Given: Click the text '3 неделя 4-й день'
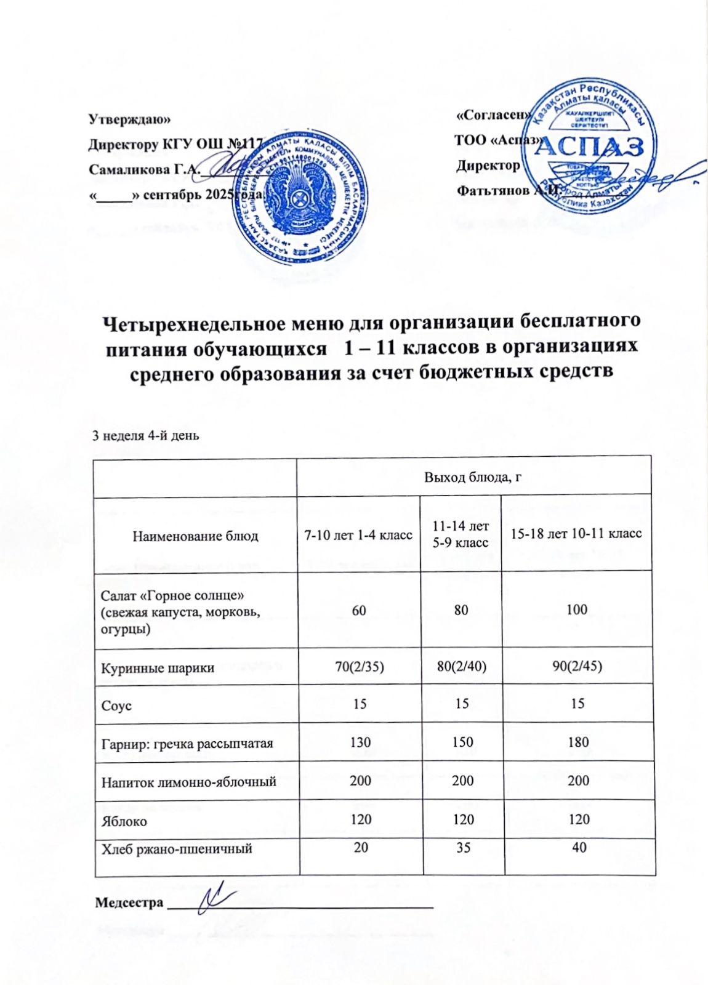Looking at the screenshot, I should click(145, 436).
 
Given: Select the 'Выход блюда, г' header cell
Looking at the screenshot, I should click(473, 476).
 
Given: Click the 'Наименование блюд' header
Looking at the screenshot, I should click(195, 536).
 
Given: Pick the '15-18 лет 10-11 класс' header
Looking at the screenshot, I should click(577, 533).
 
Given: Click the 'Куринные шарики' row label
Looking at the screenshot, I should click(158, 667).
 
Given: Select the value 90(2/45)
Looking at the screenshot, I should click(577, 666).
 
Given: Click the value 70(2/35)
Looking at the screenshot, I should click(360, 667).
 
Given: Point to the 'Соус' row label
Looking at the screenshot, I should click(116, 706).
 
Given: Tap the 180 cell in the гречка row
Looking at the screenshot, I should click(578, 742).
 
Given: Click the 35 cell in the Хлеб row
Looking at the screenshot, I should click(463, 848).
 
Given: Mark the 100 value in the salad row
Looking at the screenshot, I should click(577, 610).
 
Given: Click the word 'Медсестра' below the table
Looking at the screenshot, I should click(129, 903).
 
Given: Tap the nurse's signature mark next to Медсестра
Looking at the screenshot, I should click(217, 897).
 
